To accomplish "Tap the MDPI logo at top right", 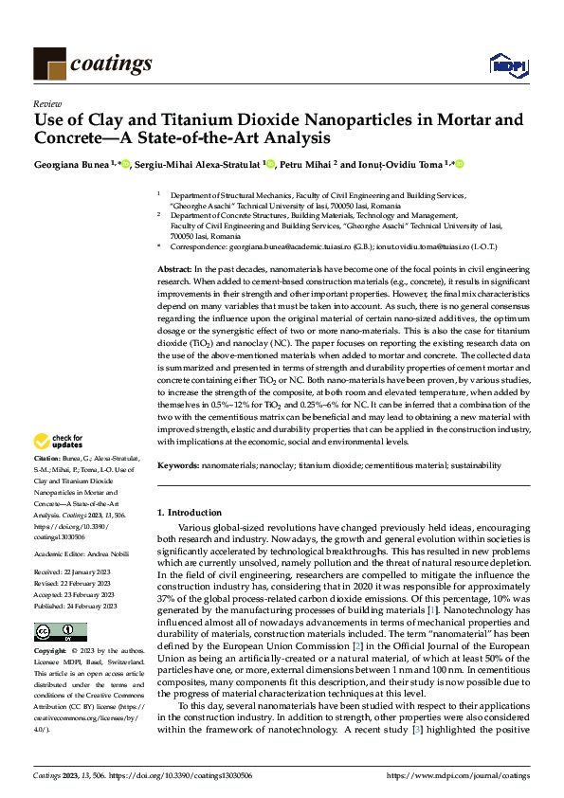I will (x=507, y=64).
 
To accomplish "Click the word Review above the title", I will (x=46, y=103).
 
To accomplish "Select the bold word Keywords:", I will (x=177, y=465).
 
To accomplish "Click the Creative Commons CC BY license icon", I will (x=60, y=606).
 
